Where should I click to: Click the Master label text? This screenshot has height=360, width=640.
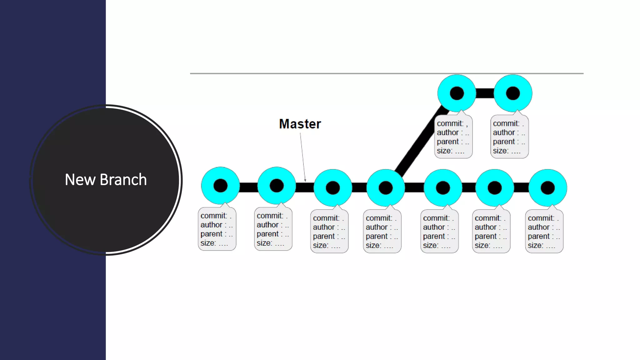click(x=300, y=124)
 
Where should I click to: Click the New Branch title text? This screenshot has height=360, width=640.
click(x=106, y=180)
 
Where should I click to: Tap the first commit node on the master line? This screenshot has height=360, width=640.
click(x=220, y=186)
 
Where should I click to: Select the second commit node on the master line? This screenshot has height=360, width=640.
click(x=277, y=186)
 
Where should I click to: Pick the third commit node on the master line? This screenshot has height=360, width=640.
click(x=333, y=188)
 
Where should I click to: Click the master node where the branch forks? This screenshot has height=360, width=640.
click(x=386, y=188)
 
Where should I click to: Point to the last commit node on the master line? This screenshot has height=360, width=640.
click(x=547, y=188)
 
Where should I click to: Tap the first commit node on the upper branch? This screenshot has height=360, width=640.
click(x=457, y=93)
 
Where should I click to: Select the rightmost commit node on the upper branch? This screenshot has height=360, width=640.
click(x=513, y=93)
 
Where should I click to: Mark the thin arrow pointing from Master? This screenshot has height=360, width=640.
click(x=303, y=156)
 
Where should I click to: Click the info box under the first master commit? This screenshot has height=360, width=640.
click(x=217, y=229)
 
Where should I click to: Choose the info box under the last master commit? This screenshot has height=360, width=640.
click(x=544, y=232)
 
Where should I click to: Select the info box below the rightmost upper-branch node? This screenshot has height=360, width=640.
click(x=509, y=137)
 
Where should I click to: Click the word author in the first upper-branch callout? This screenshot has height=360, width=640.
click(x=447, y=132)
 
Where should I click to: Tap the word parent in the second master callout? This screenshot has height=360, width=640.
click(x=267, y=234)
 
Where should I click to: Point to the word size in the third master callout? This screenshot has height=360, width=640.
click(x=320, y=245)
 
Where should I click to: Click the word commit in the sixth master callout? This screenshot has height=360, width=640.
click(x=487, y=218)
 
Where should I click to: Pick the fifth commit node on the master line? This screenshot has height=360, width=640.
click(x=443, y=188)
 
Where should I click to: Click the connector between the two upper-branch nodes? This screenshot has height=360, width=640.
click(x=485, y=93)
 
